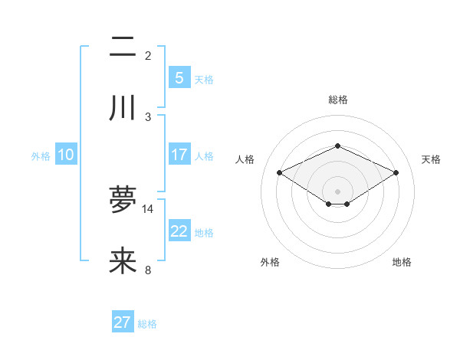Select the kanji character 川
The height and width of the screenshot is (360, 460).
coord(123,108)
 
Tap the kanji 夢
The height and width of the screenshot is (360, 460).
coord(123,199)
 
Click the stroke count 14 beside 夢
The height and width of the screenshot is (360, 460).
coord(148,208)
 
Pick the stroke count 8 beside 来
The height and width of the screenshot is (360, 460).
coord(148,270)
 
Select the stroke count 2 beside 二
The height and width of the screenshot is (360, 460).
coord(148,55)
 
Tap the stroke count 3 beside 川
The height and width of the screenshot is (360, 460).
coord(148,116)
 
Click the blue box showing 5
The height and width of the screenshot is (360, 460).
coord(179,77)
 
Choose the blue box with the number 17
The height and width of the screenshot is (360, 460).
coord(179,155)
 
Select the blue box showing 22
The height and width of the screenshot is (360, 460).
coord(179,231)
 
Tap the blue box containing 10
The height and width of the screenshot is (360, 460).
coord(66,155)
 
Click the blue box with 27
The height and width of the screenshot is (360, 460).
coord(123,322)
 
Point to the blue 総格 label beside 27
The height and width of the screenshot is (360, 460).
coord(147,324)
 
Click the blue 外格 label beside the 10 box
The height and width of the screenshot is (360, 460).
coord(41,156)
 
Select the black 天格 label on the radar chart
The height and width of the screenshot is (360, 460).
coord(432,159)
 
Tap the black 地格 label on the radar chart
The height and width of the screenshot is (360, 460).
coord(402,262)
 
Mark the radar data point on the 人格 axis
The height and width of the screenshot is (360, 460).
coord(279,173)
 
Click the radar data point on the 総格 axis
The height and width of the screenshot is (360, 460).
coord(337,146)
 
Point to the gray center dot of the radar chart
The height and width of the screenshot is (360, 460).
coord(337,191)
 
